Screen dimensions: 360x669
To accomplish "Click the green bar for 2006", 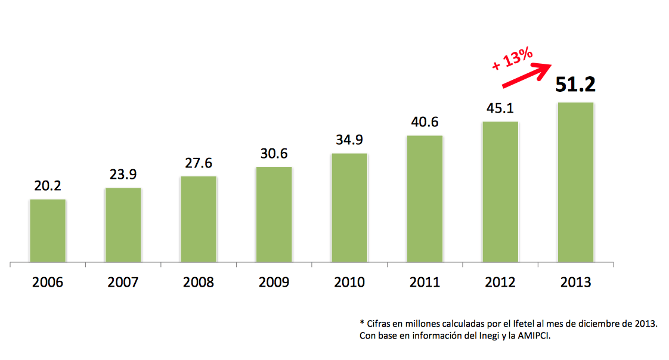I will (x=48, y=231).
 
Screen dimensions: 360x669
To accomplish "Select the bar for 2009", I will (x=274, y=215).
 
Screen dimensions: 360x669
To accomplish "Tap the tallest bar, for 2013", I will (x=575, y=182).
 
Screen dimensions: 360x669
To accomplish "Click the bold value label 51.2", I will (x=575, y=85).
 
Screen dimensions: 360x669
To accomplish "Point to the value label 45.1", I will (x=500, y=108).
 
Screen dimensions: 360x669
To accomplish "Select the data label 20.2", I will (x=48, y=186).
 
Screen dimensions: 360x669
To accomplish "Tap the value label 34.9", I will (x=349, y=140).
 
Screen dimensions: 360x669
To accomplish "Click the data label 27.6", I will (x=199, y=163).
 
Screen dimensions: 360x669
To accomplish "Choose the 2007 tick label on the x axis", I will (x=123, y=282).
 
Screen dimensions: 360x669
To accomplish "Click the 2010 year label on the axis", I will (x=349, y=282).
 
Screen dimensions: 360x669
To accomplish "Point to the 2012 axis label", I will (x=500, y=282).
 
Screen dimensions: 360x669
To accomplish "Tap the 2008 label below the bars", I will (x=199, y=282).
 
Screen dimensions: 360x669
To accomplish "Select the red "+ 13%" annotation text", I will (x=512, y=59).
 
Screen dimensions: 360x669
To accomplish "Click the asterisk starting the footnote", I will (x=362, y=322).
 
